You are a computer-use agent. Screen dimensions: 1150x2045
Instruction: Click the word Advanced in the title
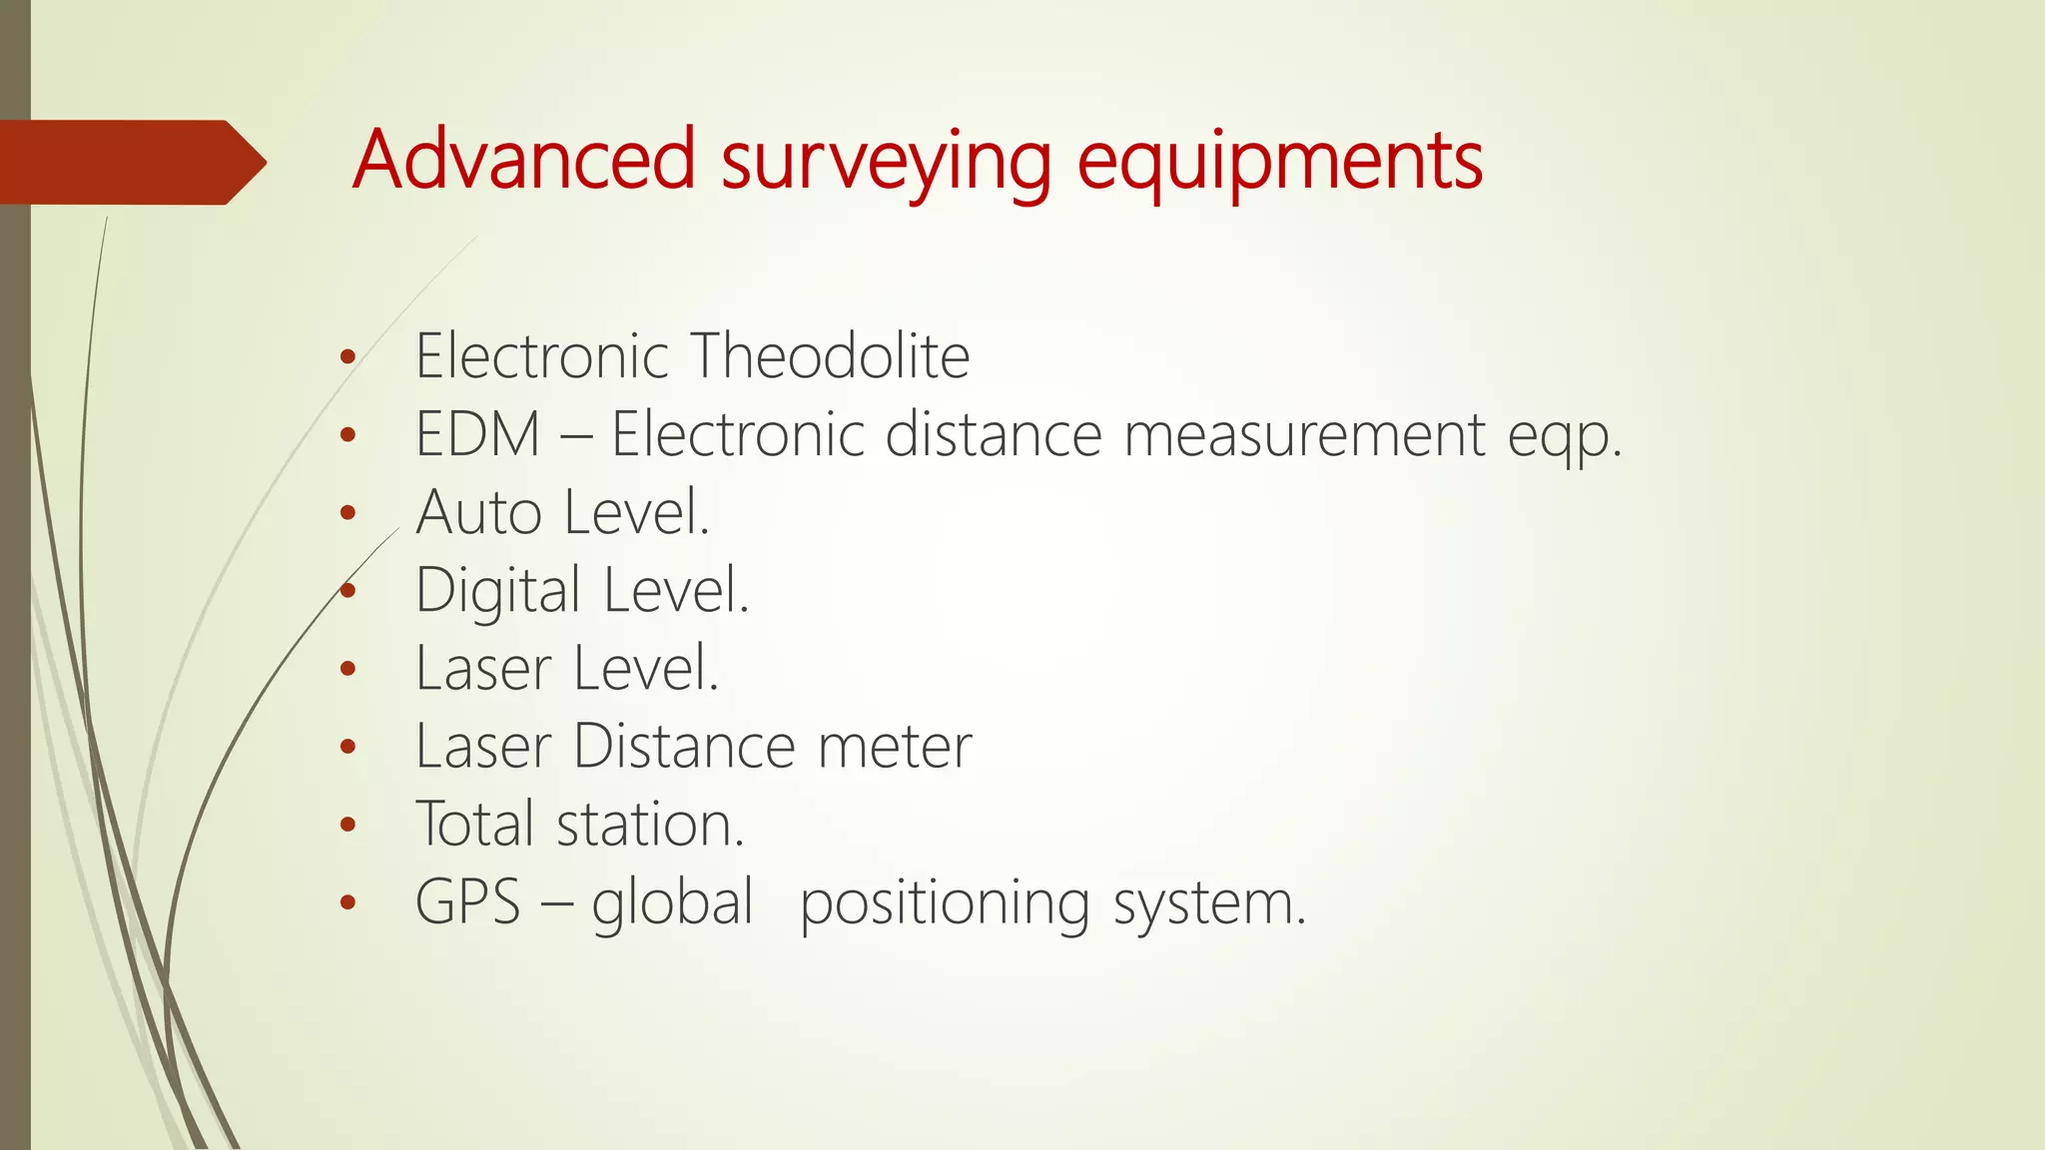(523, 160)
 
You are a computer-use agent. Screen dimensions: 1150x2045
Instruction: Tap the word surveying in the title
(886, 163)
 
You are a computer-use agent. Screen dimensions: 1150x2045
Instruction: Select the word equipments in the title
(1280, 163)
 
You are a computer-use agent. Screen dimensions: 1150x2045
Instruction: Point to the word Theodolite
(830, 355)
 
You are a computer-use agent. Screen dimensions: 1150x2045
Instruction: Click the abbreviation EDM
(477, 434)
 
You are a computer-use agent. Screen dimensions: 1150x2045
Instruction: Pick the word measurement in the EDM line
(1305, 434)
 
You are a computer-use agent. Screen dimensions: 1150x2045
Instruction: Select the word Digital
(497, 590)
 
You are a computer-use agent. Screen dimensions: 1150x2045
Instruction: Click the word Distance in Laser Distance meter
(684, 746)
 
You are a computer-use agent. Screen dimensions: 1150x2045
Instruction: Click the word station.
(650, 825)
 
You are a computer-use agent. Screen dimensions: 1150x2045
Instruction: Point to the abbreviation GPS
(467, 902)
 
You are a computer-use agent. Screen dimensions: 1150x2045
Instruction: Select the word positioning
(944, 904)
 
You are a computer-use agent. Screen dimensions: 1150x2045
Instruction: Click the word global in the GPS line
(671, 902)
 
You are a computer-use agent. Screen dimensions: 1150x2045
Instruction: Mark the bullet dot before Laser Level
(347, 669)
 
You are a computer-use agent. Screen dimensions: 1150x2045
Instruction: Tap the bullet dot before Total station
(347, 825)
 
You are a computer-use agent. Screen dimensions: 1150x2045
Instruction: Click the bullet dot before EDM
(347, 435)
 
